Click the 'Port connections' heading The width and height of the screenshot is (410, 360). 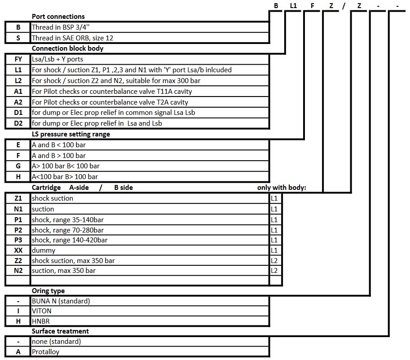(58, 17)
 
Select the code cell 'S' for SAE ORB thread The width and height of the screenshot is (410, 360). (18, 38)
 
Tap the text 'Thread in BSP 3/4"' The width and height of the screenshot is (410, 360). (61, 27)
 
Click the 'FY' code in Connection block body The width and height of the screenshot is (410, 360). (18, 59)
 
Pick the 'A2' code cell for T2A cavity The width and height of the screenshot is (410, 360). (18, 102)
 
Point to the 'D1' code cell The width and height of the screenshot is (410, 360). (18, 113)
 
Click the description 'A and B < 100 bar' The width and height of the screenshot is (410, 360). (59, 145)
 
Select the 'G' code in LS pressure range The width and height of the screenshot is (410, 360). (18, 166)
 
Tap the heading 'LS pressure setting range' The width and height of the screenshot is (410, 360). (71, 134)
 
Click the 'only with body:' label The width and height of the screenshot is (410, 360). (282, 188)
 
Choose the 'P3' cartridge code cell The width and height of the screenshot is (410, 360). (18, 240)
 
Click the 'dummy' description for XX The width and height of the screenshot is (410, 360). (44, 250)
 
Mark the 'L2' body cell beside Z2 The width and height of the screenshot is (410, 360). (275, 261)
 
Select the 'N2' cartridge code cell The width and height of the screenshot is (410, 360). (18, 271)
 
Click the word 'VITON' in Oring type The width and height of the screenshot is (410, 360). (42, 311)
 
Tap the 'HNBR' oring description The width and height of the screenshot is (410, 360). (41, 321)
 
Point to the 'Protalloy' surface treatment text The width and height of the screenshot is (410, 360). (46, 352)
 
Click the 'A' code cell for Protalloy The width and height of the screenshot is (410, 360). (18, 352)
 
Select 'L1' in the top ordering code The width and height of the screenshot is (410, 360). (293, 5)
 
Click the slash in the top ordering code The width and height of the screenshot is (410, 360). (344, 6)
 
